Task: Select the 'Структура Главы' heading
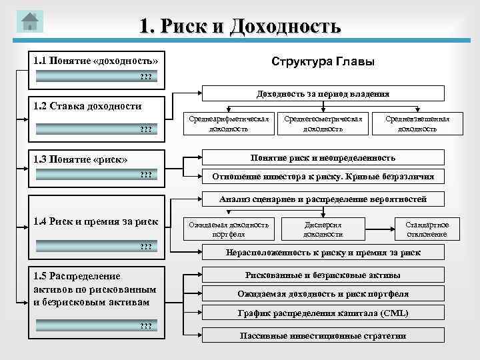click(x=323, y=61)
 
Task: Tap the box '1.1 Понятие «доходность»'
click(x=95, y=61)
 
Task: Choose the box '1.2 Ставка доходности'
click(x=95, y=106)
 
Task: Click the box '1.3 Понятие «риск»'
click(x=95, y=159)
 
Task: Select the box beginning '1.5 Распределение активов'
click(x=95, y=289)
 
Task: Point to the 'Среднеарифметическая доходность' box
click(x=229, y=123)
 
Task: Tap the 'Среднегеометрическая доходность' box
click(x=323, y=123)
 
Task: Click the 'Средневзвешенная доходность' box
click(x=417, y=123)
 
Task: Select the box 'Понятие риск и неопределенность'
click(x=323, y=158)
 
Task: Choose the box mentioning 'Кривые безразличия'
click(x=323, y=177)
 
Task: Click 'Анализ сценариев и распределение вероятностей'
click(x=323, y=199)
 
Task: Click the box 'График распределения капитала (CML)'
click(x=323, y=313)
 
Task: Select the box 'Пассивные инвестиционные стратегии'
click(x=323, y=335)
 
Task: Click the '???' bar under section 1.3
click(x=95, y=175)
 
